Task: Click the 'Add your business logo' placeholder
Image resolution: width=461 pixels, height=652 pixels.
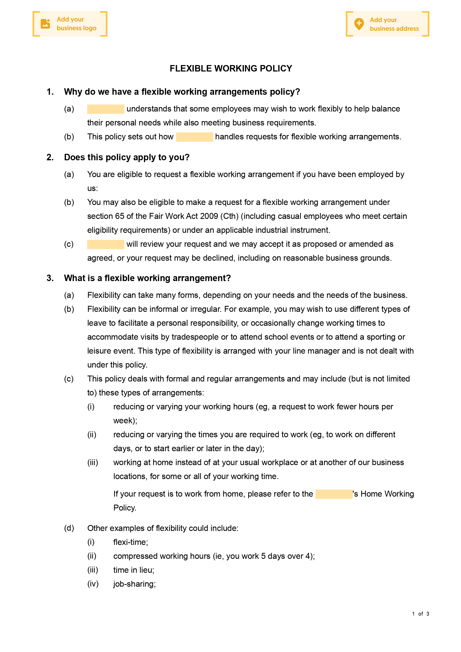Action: [70, 24]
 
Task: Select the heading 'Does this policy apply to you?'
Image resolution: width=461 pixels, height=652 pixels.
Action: [127, 157]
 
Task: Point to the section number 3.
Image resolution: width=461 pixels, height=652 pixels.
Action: [50, 278]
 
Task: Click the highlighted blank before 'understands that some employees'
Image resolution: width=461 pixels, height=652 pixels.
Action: [105, 109]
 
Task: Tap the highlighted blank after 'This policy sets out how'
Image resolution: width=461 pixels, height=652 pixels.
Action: [194, 137]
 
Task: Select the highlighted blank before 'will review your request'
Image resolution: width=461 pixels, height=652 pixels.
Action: [105, 244]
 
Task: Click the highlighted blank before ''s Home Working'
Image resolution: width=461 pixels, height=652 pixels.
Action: [334, 494]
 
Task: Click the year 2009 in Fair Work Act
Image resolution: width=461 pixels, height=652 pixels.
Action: [209, 216]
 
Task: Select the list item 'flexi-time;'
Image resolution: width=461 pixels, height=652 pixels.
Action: [130, 542]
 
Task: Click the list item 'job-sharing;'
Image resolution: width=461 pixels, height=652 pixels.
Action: [135, 584]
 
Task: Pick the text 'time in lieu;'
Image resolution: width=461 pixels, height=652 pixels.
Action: [134, 570]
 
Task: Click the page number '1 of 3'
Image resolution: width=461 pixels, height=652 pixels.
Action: [420, 614]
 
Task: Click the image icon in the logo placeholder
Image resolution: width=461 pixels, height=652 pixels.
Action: [45, 24]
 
